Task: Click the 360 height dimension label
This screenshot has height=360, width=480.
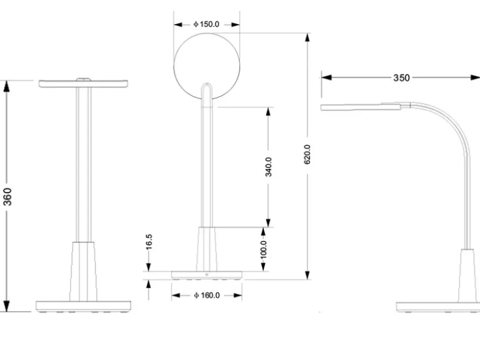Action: coord(7,197)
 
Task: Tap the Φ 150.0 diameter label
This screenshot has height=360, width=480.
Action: coord(206,24)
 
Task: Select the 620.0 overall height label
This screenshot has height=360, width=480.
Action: coord(307,154)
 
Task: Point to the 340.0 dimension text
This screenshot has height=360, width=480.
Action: coord(268,167)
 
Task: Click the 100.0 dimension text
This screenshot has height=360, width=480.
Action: coord(263,250)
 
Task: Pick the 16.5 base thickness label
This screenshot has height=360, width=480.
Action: coord(149,242)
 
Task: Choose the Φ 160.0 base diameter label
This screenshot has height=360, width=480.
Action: coord(207,295)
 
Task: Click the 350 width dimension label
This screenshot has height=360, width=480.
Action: coord(401,78)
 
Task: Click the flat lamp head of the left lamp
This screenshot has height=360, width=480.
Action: coord(83,83)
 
